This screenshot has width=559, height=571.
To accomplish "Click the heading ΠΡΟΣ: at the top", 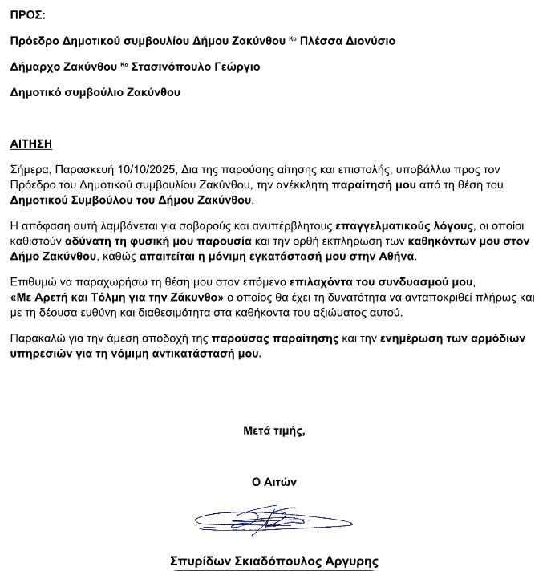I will (28, 15).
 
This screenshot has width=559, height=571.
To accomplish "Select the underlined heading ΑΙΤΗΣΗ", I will (31, 144).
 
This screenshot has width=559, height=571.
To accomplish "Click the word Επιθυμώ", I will (34, 283).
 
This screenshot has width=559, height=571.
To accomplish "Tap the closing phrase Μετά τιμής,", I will (274, 431).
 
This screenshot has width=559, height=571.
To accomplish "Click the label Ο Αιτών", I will (274, 482).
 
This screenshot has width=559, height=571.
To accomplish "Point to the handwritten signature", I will (273, 521).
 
